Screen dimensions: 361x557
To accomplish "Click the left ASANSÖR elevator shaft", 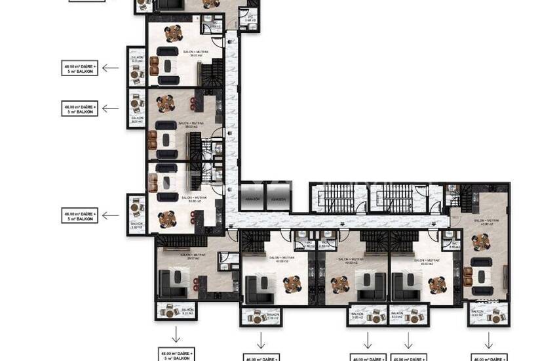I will (253, 199).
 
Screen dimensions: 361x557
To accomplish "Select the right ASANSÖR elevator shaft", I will (278, 199).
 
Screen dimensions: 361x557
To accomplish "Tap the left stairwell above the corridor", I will (335, 198).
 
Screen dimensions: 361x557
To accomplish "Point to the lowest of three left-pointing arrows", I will (110, 215).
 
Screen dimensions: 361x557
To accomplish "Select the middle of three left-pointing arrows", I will (110, 108).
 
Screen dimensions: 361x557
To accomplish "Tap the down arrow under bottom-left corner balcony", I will (176, 333).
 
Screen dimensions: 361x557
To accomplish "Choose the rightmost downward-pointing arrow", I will (488, 339).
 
